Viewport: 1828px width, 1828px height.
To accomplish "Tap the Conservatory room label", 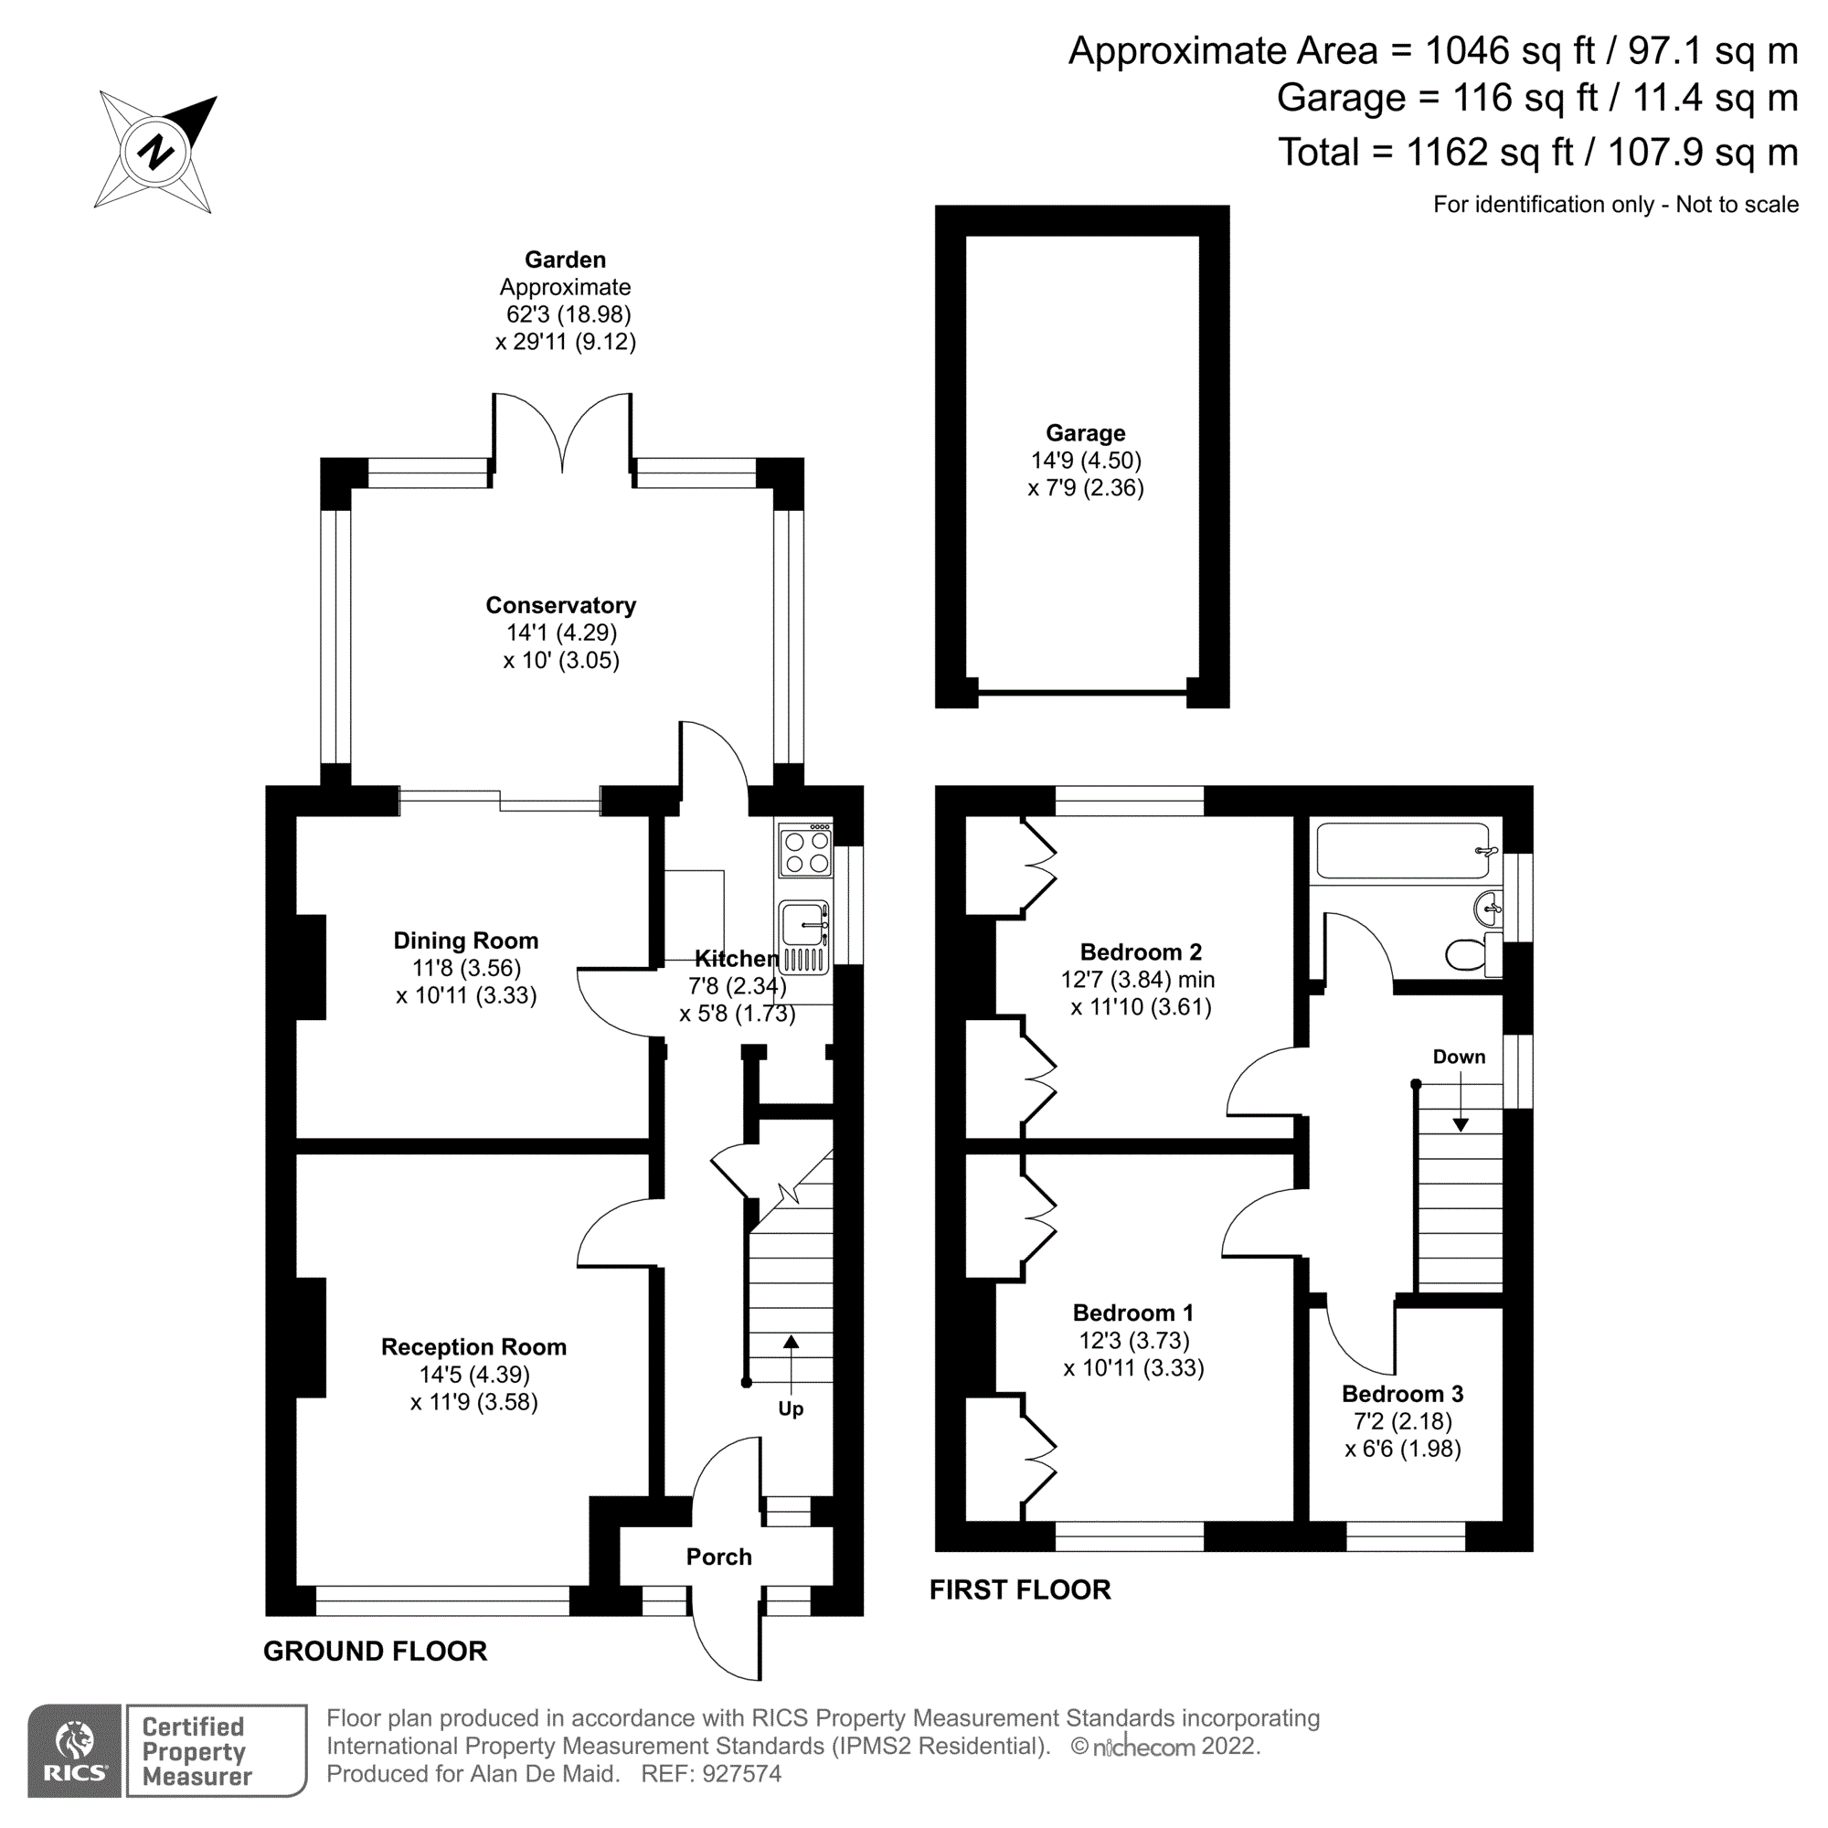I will [x=560, y=606].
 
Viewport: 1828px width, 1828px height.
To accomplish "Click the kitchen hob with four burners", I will [x=806, y=851].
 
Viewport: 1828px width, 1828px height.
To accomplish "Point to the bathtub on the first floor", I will [x=1403, y=850].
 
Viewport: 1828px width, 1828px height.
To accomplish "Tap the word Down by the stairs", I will [x=1458, y=1057].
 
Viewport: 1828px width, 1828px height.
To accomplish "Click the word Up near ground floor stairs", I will [x=790, y=1408].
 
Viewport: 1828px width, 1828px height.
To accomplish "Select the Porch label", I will [x=718, y=1557].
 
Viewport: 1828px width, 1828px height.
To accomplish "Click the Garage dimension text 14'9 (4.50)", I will [x=1085, y=461].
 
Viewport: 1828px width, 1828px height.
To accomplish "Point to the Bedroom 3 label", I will [x=1401, y=1394].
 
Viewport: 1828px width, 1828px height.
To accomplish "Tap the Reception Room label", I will [x=473, y=1347].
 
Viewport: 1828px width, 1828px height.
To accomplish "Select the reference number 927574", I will [x=741, y=1774].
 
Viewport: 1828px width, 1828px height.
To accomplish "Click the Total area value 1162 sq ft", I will [x=1489, y=153].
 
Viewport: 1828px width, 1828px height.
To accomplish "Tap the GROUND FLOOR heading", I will [x=375, y=1651].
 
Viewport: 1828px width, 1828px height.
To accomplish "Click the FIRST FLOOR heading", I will [x=1020, y=1589].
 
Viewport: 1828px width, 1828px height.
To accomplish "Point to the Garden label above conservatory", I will [x=565, y=260].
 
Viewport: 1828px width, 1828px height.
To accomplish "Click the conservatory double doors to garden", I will [x=562, y=430].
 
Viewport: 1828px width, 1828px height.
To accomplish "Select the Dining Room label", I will [x=465, y=941].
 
